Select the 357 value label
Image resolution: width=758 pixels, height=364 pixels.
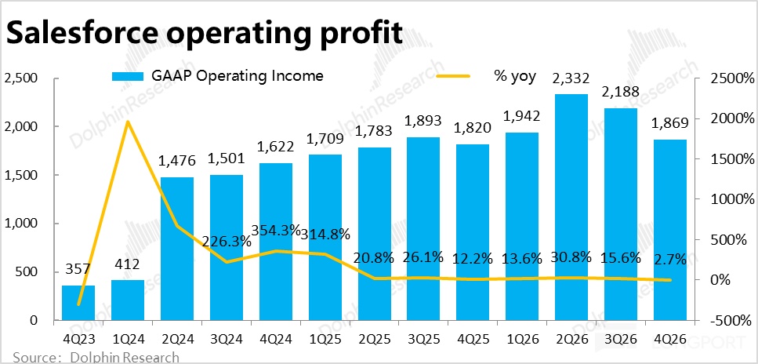(x=78, y=270)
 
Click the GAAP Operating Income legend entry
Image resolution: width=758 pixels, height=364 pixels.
(x=216, y=76)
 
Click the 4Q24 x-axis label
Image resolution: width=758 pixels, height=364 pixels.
(x=274, y=340)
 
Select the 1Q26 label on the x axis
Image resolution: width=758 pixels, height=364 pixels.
(x=520, y=340)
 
